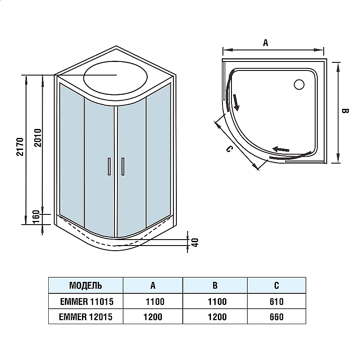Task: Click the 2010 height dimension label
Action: click(37, 138)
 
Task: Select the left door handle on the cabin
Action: click(109, 166)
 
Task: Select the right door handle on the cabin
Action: click(123, 166)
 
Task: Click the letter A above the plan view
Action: click(265, 42)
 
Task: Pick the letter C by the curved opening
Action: click(229, 149)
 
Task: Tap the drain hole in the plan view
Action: click(299, 84)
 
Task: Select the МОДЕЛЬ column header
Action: click(85, 285)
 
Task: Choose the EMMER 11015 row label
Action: click(86, 302)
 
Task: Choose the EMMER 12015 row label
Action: click(86, 316)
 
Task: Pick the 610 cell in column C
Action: click(276, 302)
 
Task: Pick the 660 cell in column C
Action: click(276, 316)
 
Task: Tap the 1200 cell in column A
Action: click(153, 316)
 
